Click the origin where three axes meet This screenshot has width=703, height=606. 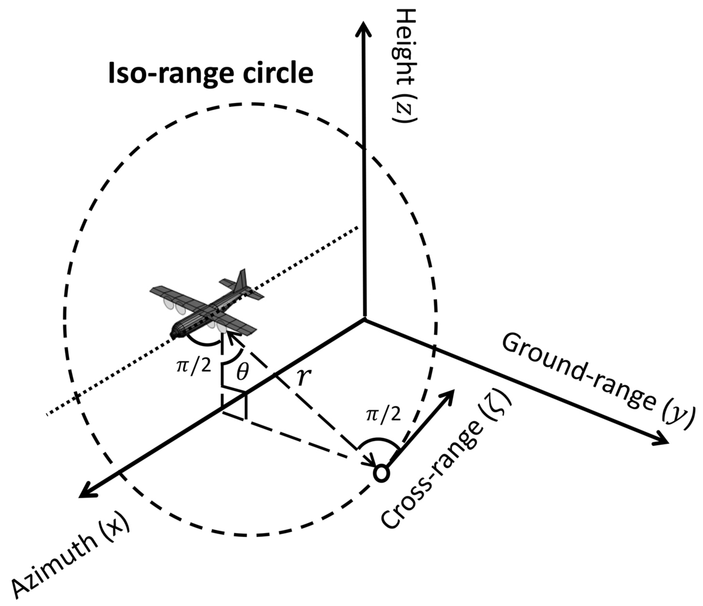pos(365,319)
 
